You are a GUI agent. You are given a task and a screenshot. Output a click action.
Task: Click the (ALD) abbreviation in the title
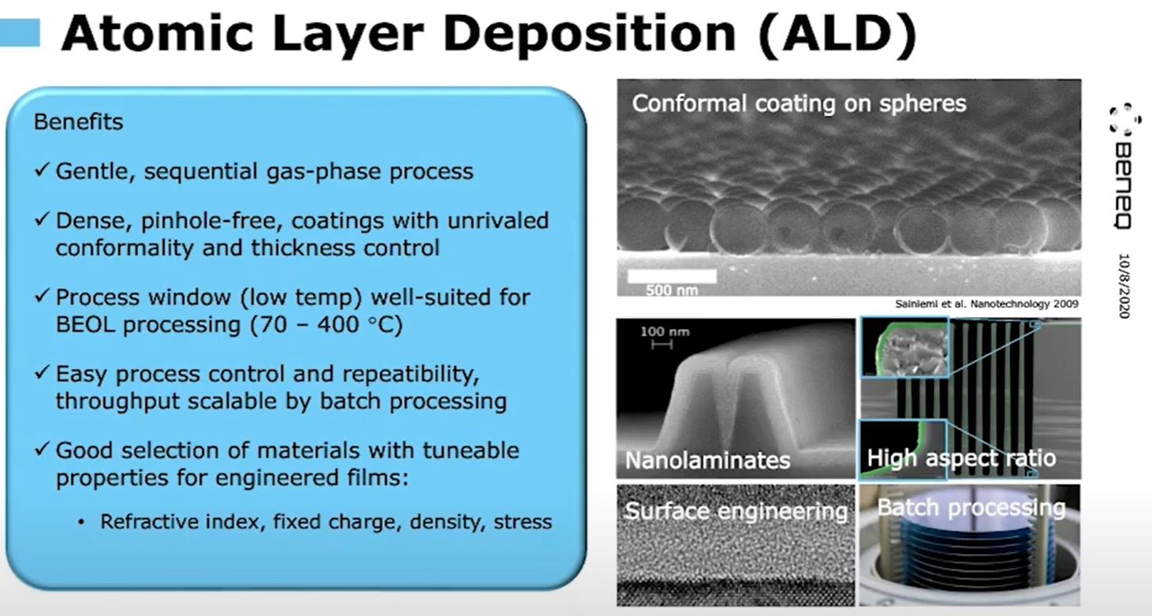coord(836,35)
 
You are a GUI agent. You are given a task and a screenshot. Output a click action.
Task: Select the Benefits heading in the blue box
coord(78,122)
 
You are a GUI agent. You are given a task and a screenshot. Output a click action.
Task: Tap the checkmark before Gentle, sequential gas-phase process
coord(43,171)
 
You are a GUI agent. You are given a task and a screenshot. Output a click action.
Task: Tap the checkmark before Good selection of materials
coord(43,450)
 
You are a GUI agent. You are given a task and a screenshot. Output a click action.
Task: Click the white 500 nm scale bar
coord(672,276)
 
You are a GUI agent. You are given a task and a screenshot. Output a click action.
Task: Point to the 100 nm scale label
coord(665,331)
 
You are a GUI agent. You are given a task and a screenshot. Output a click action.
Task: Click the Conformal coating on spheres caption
coord(799,103)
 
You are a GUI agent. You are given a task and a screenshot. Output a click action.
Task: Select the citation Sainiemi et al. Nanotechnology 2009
coord(987,304)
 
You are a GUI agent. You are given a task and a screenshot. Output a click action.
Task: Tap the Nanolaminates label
coord(707,460)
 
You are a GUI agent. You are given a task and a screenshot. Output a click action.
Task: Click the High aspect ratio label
coord(960,458)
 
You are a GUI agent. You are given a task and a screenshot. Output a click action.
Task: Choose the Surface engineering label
coord(736,511)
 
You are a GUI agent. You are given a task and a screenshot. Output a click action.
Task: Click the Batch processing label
coord(971,507)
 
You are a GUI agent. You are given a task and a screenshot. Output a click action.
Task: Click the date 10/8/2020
coord(1124,286)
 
